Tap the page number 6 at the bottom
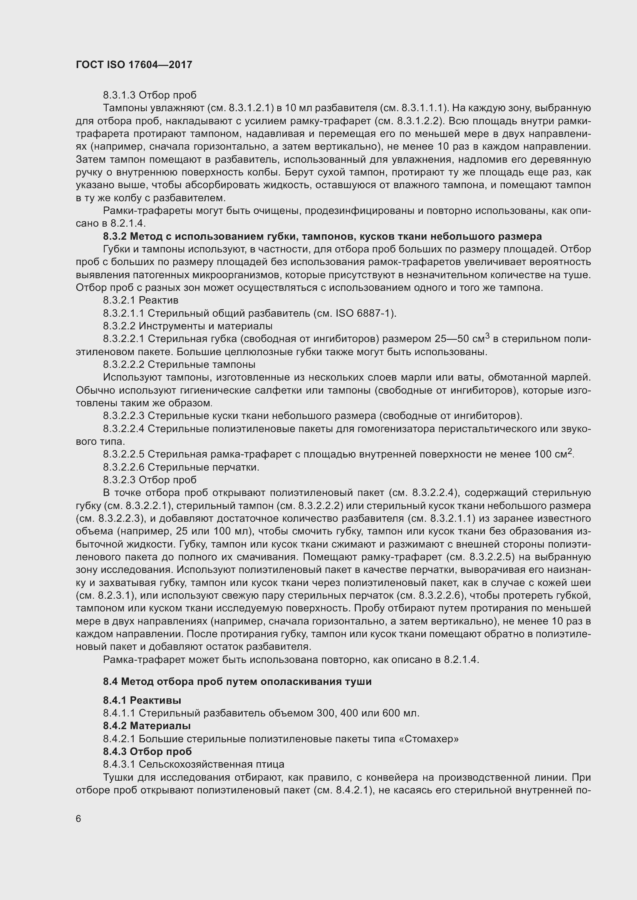point(79,819)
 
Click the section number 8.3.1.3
point(119,95)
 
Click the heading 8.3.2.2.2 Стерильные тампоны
point(179,364)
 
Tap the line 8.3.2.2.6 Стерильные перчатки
point(181,467)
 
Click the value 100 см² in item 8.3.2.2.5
point(553,454)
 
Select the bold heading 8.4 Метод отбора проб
point(237,682)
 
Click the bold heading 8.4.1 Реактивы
point(142,700)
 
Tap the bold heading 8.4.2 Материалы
point(147,726)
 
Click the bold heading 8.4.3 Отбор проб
point(147,751)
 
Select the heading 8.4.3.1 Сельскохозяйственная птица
point(194,765)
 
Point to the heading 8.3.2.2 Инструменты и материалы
point(188,326)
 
